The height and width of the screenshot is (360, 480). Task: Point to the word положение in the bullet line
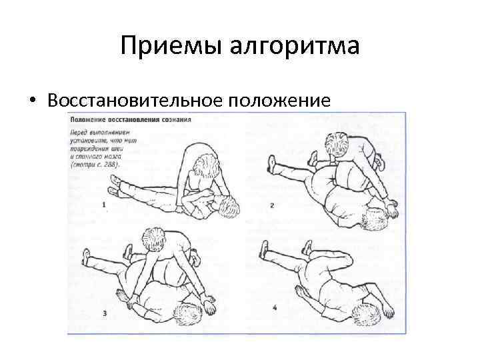point(279,101)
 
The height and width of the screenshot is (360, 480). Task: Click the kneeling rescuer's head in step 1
point(207,163)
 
